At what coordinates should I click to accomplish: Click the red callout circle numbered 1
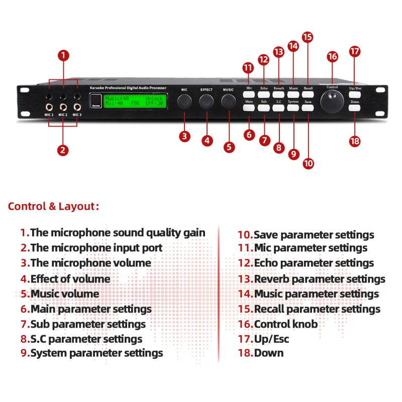point(63,55)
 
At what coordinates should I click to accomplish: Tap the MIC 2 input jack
point(63,107)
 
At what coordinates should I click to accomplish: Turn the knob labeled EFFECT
point(206,102)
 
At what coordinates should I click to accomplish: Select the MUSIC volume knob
point(229,102)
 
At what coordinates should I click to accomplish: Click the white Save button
point(308,107)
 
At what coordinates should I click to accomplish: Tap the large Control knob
point(332,103)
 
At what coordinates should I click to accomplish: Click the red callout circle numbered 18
point(355,141)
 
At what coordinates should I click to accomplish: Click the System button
point(293,107)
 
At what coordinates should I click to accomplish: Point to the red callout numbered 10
point(309,163)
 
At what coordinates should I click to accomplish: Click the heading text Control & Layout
point(53,206)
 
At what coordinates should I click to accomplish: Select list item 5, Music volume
point(60,293)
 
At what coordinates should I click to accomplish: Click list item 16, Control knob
point(278,324)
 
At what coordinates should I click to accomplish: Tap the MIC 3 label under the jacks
point(76,115)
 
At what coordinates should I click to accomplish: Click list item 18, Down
point(261,353)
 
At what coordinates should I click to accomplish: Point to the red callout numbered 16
point(332,56)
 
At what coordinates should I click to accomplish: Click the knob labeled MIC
point(184,102)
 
